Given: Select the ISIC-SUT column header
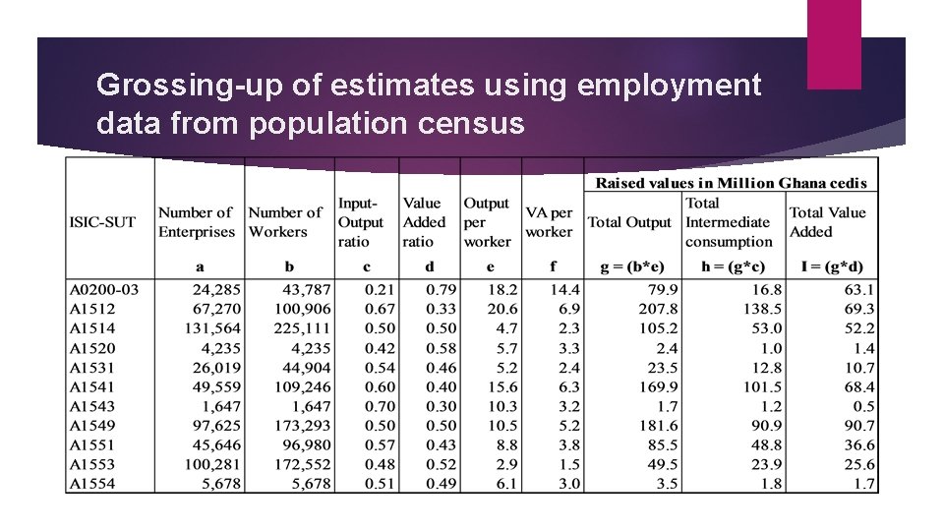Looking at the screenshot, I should (x=102, y=222).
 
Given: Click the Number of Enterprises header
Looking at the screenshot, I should (x=197, y=222).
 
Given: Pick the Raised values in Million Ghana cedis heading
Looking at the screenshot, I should (x=731, y=183).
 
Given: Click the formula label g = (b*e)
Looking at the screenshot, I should (x=632, y=266).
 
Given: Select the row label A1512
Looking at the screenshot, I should (x=92, y=309).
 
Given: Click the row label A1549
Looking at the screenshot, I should (x=92, y=426).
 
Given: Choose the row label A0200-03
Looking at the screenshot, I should (x=103, y=289).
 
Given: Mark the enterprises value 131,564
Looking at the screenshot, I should (x=211, y=328).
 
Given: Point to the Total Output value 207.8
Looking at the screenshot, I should (x=658, y=309).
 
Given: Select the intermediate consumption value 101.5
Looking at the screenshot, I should (x=762, y=387).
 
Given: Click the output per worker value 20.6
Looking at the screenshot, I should (x=501, y=309).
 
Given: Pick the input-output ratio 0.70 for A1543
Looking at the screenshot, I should (x=381, y=406).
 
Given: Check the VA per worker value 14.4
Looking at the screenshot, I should (x=565, y=289).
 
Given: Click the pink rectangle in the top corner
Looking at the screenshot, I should (x=834, y=43).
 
